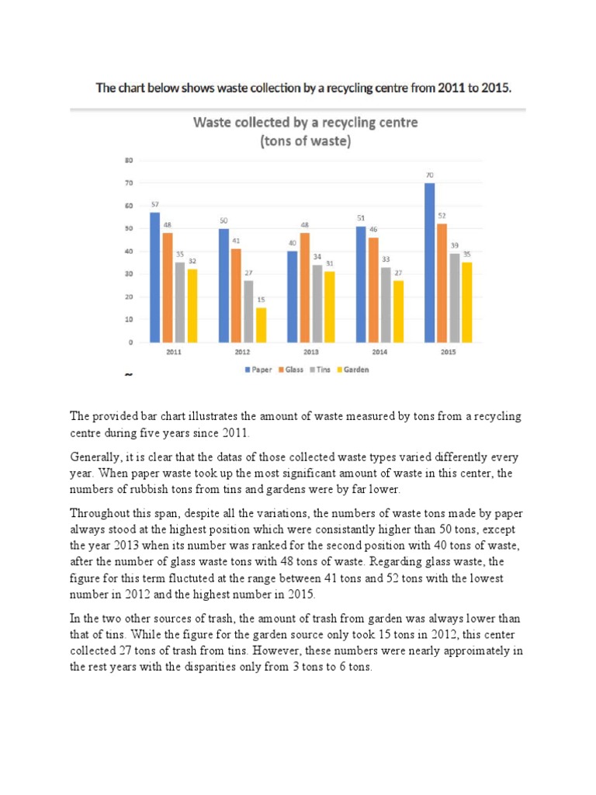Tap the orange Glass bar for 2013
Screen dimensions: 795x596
[x=304, y=287]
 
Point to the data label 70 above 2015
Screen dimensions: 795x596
[x=429, y=175]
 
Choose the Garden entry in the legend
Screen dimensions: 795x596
[x=354, y=370]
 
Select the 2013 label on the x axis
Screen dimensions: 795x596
[x=310, y=352]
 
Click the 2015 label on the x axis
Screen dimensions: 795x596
[x=448, y=352]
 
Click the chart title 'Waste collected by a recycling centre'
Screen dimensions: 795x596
[x=305, y=122]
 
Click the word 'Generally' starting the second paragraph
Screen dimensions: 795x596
[x=97, y=457]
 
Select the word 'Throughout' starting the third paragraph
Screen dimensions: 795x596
[x=102, y=513]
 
